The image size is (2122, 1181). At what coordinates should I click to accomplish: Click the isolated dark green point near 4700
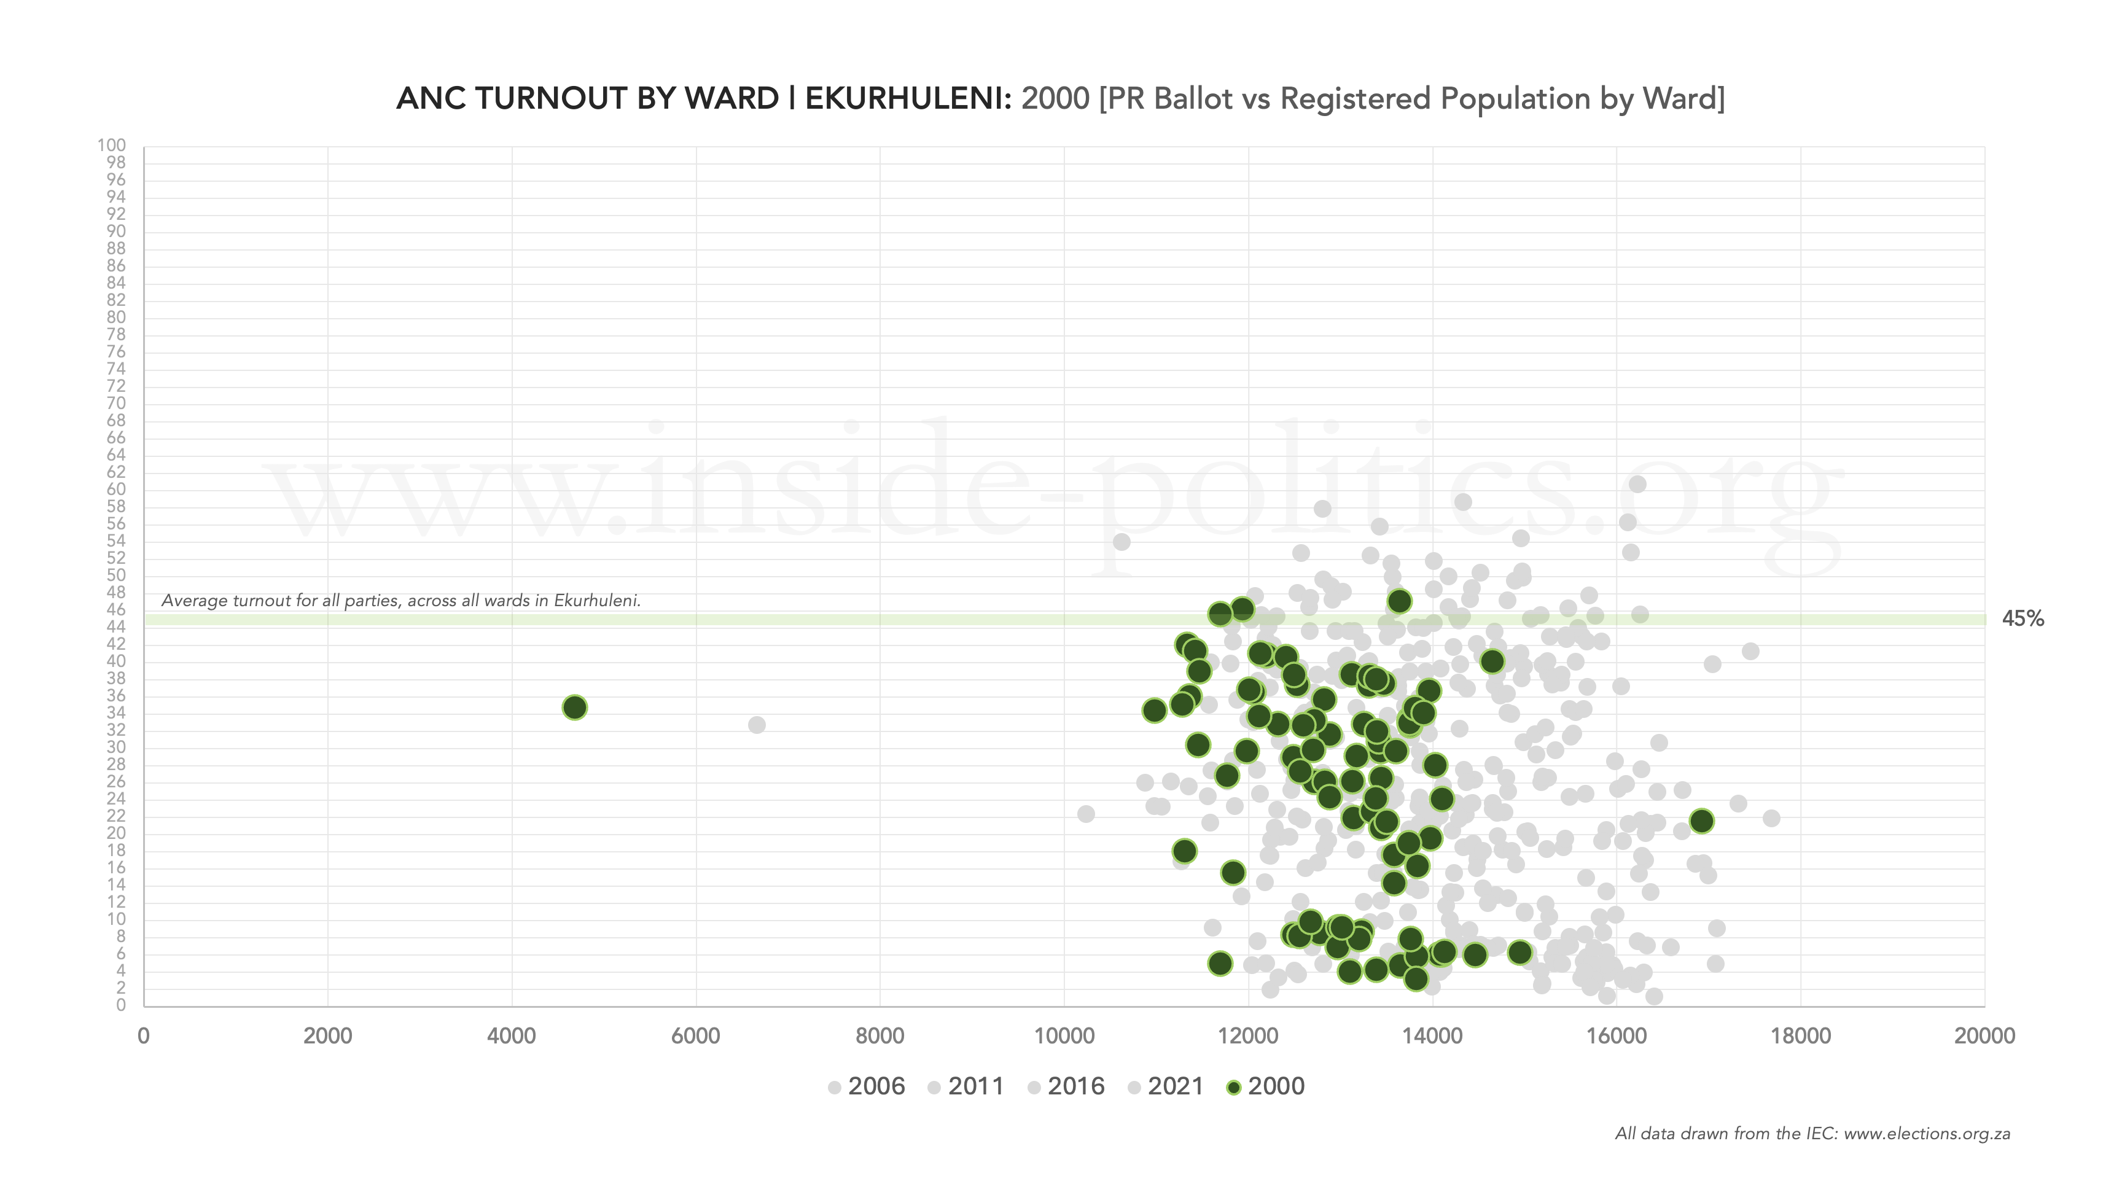coord(574,707)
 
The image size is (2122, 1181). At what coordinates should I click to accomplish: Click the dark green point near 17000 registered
coord(1701,821)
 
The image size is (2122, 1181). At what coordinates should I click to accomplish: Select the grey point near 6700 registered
coord(756,725)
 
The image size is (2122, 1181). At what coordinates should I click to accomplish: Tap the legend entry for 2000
coord(1265,1086)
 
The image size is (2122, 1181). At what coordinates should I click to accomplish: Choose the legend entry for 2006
coord(866,1086)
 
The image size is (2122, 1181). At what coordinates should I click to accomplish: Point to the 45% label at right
coord(2023,618)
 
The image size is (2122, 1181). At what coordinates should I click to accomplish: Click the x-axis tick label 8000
coord(880,1035)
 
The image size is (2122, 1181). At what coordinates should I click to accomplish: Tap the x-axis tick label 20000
coord(1984,1035)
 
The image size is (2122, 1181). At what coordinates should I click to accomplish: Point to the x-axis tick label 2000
coord(327,1035)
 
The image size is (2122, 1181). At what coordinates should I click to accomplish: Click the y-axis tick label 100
coord(111,146)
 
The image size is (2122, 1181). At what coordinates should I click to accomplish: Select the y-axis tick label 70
coord(115,403)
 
